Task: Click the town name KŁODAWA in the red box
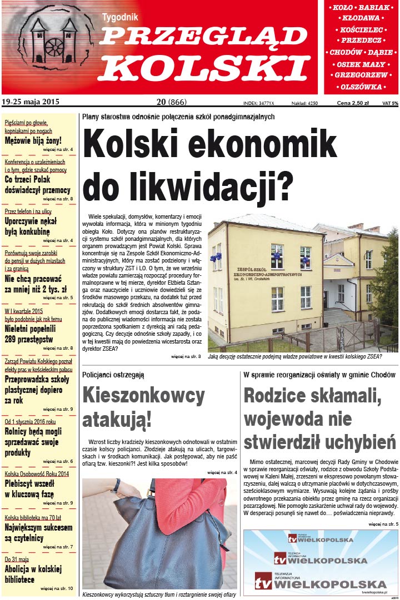[x=361, y=18]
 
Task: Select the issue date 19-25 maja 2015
[x=31, y=102]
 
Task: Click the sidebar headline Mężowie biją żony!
[x=33, y=140]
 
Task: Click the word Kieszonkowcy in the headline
[x=143, y=396]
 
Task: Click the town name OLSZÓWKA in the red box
[x=361, y=88]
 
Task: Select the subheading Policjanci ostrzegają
[x=113, y=375]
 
